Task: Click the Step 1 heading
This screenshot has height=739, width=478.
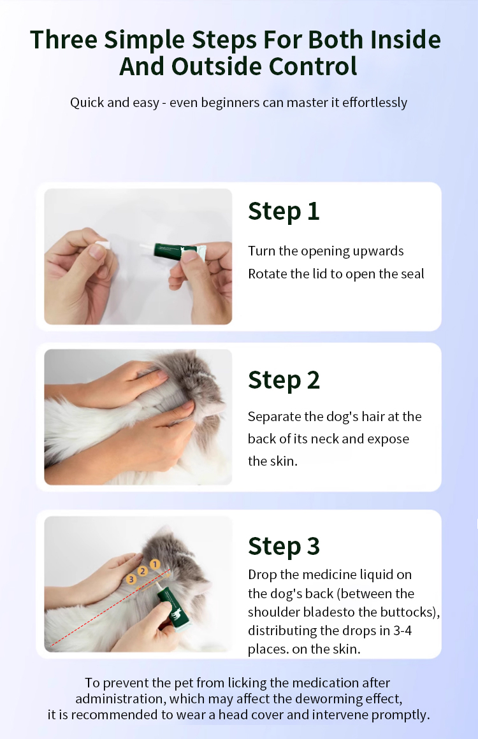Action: click(284, 212)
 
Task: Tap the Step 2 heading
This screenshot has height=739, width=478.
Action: click(284, 380)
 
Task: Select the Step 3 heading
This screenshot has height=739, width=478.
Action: click(284, 547)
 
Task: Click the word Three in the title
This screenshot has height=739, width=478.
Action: click(64, 39)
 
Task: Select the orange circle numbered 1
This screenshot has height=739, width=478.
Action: click(155, 564)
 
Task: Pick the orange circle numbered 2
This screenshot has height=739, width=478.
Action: click(142, 571)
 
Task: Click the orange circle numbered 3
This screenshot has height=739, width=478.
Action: click(131, 579)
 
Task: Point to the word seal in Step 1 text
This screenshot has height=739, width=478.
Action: click(412, 274)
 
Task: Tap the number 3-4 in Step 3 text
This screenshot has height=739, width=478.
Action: click(402, 631)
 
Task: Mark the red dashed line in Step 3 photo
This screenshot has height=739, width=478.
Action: click(110, 608)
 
